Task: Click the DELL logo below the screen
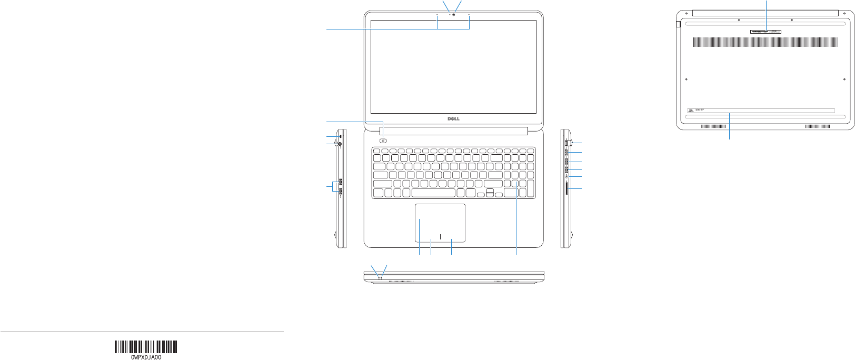click(x=453, y=119)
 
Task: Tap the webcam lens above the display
click(x=453, y=14)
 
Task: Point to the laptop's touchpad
click(x=440, y=223)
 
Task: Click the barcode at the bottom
click(x=146, y=346)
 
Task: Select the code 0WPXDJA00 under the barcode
click(x=146, y=357)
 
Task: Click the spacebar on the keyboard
click(x=434, y=193)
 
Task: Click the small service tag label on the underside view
click(x=766, y=32)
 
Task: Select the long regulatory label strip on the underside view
click(x=761, y=111)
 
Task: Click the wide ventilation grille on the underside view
click(x=765, y=42)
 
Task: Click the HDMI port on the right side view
click(x=566, y=152)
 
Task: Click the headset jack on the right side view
click(x=566, y=177)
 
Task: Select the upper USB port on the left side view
click(x=341, y=182)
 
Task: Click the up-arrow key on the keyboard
click(x=490, y=191)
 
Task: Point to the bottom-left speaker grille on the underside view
click(x=713, y=126)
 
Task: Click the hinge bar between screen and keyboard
click(x=453, y=131)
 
